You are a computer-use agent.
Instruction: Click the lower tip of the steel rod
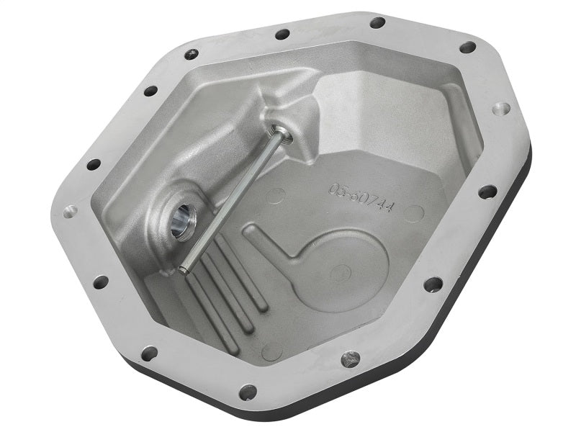tap(184, 270)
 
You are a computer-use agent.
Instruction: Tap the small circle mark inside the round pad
tap(344, 272)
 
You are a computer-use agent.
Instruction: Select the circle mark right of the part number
tap(413, 214)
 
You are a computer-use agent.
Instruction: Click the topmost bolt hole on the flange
tap(377, 22)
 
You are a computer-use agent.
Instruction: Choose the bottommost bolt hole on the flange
tap(248, 392)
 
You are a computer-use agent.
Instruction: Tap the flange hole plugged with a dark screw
tap(351, 358)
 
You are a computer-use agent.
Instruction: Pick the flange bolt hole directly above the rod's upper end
tap(282, 34)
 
